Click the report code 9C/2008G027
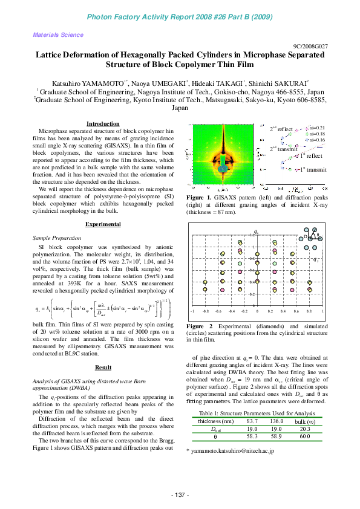coord(311,46)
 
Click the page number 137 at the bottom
coord(180,495)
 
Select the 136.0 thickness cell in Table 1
coord(277,421)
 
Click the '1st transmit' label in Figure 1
coord(313,170)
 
